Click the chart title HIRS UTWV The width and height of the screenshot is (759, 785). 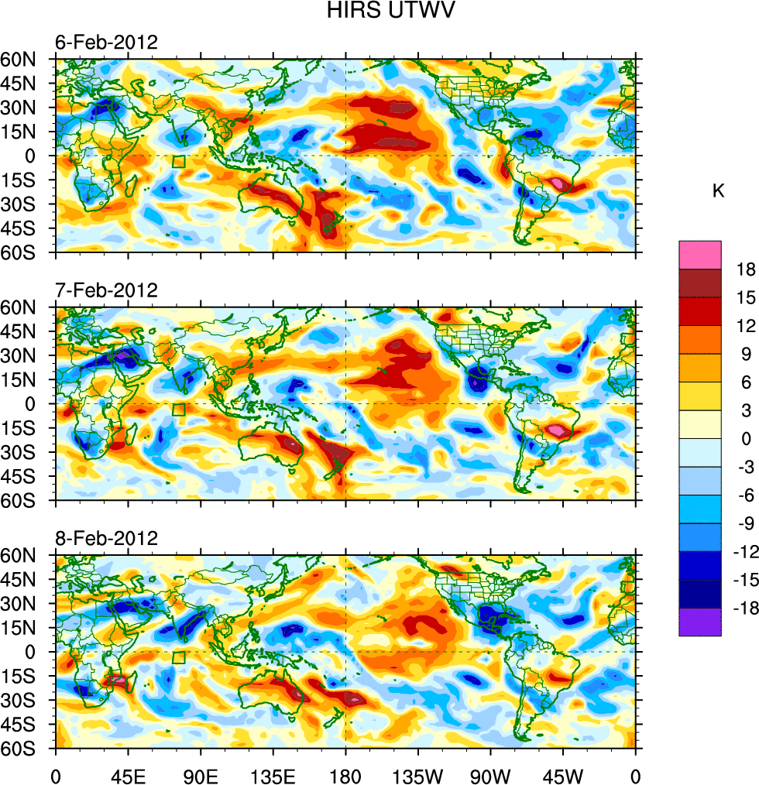pos(379,11)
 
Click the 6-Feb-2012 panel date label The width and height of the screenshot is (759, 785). pos(106,43)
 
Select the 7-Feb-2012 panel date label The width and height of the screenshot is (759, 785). pos(106,290)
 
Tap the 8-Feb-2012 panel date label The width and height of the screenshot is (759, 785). pos(106,538)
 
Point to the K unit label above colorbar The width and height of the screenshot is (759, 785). pos(719,190)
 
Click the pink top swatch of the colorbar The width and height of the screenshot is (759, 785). pos(699,255)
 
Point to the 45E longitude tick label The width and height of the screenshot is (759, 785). pos(128,774)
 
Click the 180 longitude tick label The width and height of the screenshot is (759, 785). pos(345,774)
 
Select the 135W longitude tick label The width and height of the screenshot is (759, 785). pos(417,774)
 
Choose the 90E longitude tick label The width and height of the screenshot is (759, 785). pos(201,774)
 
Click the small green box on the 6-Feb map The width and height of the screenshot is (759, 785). pos(179,162)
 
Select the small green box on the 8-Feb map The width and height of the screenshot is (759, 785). pos(179,657)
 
